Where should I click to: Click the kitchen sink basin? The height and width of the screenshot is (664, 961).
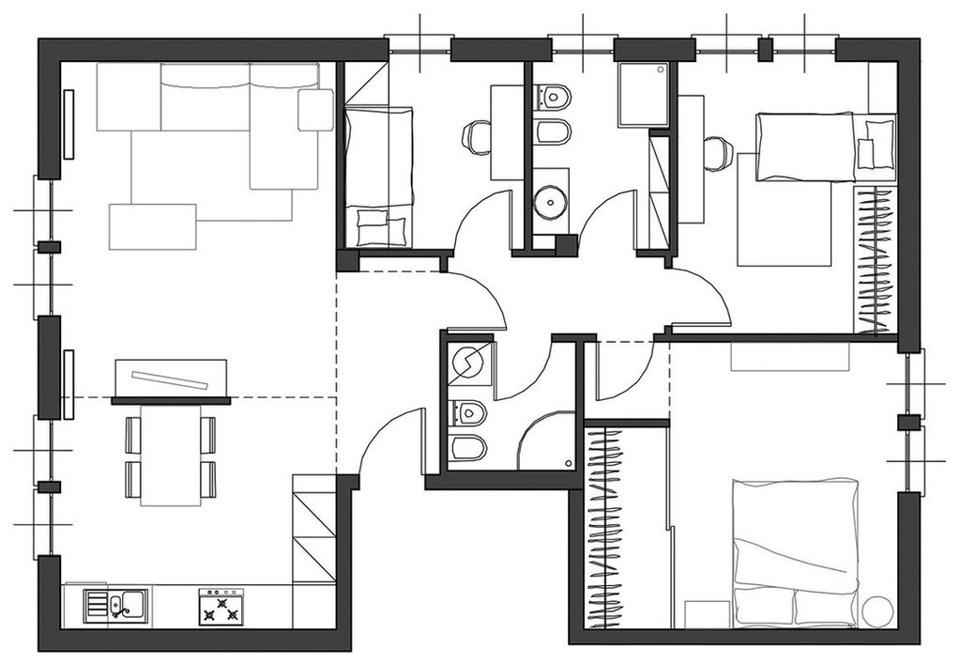[x=118, y=606]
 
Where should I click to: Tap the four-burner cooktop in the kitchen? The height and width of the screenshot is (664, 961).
[x=221, y=607]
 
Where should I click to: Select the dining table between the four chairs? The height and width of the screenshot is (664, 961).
[x=171, y=454]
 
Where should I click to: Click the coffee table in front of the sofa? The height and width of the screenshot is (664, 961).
[x=152, y=226]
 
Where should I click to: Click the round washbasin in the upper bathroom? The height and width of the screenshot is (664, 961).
[x=549, y=200]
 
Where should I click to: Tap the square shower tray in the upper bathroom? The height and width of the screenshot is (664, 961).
[x=643, y=94]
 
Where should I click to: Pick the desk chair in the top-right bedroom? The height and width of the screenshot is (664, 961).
[x=717, y=153]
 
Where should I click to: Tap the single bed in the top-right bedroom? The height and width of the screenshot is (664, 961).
[x=807, y=147]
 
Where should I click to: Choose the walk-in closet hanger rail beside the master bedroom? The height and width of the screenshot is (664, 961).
[x=605, y=526]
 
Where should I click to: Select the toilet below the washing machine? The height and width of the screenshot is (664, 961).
[x=468, y=412]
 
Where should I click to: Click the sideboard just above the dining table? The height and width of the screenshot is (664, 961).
[x=171, y=380]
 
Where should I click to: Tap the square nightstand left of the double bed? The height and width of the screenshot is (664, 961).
[x=707, y=613]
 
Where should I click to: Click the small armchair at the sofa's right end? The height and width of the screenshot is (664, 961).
[x=315, y=110]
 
